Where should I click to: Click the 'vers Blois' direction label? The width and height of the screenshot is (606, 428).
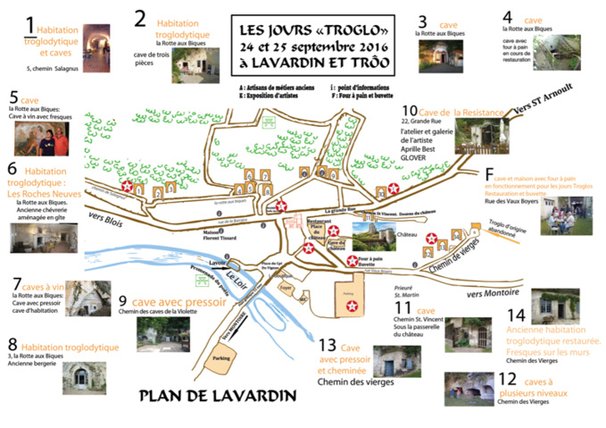(x=104, y=215)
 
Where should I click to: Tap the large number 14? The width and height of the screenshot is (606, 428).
(x=515, y=314)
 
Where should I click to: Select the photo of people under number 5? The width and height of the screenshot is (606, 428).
(x=41, y=139)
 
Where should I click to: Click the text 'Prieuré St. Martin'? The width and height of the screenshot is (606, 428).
(x=407, y=291)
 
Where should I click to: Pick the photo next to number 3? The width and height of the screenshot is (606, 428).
(x=445, y=54)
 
